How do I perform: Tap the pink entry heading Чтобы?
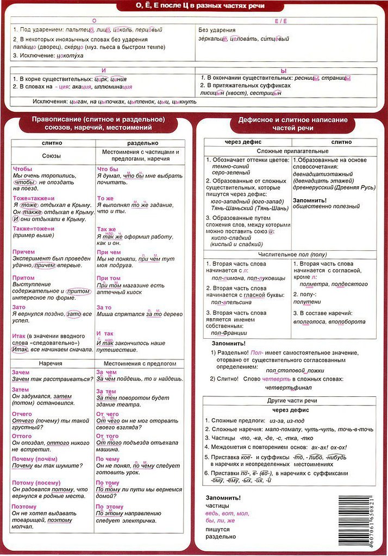click(x=22, y=169)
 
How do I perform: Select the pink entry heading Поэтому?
click(x=24, y=507)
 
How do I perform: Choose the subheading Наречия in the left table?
click(x=53, y=363)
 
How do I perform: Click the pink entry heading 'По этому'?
click(x=110, y=507)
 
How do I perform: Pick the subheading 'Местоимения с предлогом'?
click(x=140, y=363)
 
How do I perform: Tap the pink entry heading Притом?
click(x=23, y=278)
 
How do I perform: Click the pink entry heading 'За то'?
click(x=104, y=308)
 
